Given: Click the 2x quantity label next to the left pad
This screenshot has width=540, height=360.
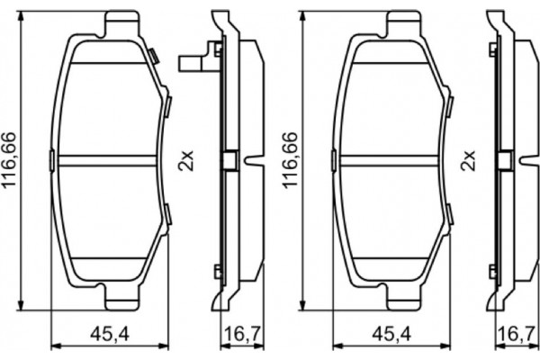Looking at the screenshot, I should (x=186, y=162).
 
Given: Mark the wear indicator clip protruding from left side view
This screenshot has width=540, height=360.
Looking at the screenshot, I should (x=191, y=64).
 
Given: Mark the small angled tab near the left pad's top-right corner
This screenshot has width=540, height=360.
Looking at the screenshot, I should (x=155, y=58).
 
